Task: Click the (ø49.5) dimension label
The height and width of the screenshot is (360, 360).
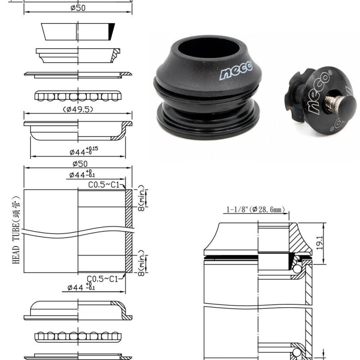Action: pyautogui.click(x=78, y=109)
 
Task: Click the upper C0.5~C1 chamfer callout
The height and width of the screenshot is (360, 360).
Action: pyautogui.click(x=103, y=184)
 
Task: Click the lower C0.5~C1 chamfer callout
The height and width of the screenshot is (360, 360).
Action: pyautogui.click(x=103, y=279)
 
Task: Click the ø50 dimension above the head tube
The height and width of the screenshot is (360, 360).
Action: pyautogui.click(x=78, y=164)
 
